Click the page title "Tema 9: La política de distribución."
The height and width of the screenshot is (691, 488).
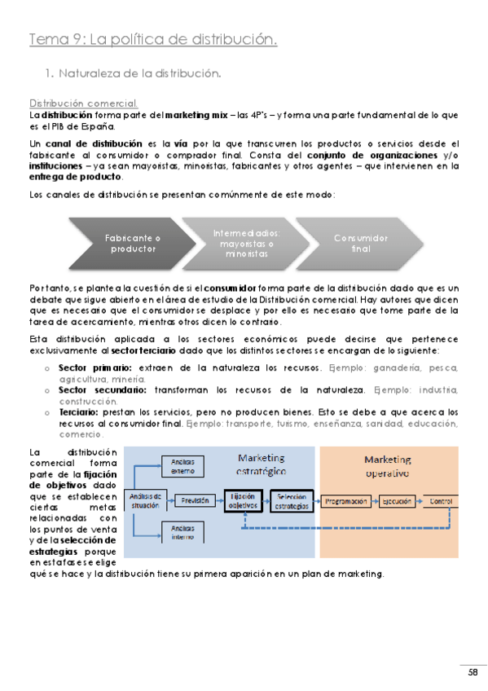tap(153, 39)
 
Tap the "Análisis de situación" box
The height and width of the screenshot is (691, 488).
tap(146, 499)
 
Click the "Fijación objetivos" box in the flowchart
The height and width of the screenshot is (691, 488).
tap(243, 500)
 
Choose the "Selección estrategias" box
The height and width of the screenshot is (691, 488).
tap(291, 500)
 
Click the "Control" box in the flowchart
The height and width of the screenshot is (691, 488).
tap(440, 500)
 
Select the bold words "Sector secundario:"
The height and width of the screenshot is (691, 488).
tap(94, 390)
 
